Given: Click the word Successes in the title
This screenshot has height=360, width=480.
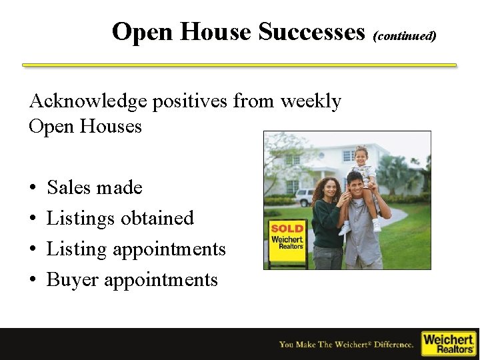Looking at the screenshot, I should [311, 31].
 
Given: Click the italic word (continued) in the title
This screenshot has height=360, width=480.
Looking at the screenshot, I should [405, 34].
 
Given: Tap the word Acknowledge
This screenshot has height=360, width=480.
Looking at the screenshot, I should [88, 101].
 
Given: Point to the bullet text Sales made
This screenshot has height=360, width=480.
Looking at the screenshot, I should [95, 188].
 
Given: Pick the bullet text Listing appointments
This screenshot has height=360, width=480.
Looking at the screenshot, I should [136, 249].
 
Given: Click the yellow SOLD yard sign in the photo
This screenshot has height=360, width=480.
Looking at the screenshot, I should [287, 237].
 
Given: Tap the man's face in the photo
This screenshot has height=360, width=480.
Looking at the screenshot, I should [355, 184].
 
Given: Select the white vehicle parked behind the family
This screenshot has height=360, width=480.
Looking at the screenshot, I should [305, 197].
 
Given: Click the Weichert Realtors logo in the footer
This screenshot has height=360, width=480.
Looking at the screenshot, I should [449, 343].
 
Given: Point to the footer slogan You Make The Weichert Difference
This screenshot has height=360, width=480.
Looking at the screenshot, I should [346, 345].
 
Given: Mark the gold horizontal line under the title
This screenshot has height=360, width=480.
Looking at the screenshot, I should [239, 65].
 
